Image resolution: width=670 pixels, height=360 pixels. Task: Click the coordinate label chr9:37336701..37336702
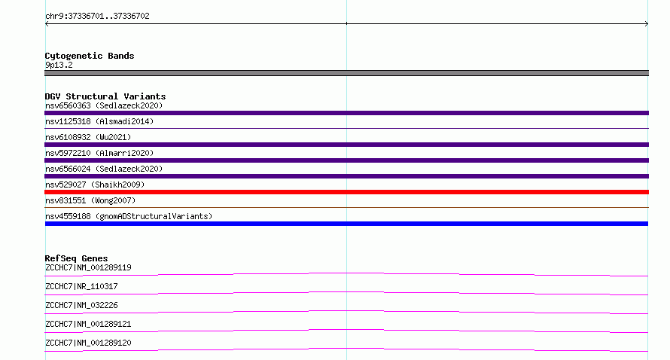[97, 17]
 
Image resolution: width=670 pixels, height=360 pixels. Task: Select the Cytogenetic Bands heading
[90, 56]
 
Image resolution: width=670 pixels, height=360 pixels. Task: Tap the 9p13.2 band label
[59, 65]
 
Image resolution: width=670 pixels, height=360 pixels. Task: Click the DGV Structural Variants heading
[105, 96]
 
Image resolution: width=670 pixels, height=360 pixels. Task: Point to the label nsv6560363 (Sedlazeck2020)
[104, 105]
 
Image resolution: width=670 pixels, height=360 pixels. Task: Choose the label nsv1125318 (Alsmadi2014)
[99, 121]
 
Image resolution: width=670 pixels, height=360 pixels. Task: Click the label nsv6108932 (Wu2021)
[88, 137]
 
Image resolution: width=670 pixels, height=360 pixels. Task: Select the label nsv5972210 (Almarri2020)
[99, 153]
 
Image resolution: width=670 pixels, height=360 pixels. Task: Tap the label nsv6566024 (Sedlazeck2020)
[104, 169]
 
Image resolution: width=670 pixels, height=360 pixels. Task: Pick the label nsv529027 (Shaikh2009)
[95, 185]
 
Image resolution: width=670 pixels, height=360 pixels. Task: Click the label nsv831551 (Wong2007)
[90, 200]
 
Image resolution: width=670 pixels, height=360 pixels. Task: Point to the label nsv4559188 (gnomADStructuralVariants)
[129, 216]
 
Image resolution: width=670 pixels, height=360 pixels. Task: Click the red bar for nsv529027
[346, 192]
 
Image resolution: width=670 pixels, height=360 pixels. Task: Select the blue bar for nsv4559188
[346, 224]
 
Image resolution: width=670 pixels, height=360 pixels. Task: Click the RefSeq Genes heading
[76, 258]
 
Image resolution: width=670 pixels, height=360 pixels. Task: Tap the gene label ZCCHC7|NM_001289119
[88, 267]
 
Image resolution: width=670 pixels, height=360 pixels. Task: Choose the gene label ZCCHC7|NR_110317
[81, 286]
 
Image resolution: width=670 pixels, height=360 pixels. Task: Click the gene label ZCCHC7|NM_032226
[81, 305]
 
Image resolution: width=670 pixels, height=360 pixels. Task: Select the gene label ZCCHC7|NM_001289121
[88, 324]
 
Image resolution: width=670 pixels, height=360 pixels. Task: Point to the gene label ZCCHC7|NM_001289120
[88, 343]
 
